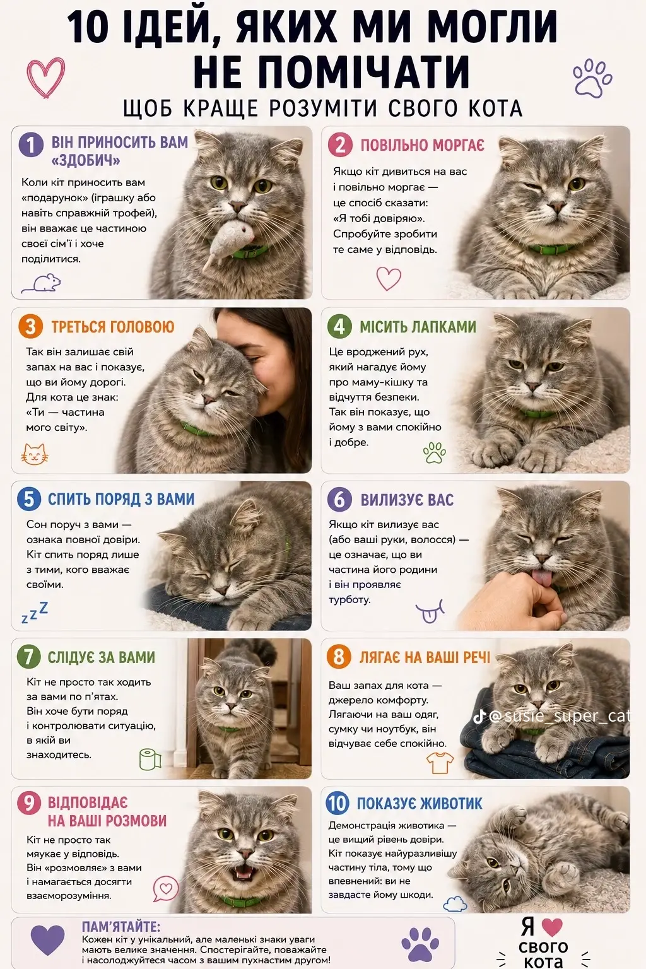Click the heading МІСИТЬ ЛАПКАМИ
(418, 327)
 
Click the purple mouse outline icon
(42, 283)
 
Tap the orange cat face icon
(35, 454)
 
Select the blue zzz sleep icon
(35, 612)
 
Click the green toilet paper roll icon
(150, 759)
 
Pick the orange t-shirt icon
(440, 762)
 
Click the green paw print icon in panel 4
(435, 452)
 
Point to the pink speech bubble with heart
(166, 888)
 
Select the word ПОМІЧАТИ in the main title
(332, 71)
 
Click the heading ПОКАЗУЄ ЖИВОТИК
(420, 803)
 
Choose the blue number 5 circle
(29, 498)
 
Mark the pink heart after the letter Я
(551, 927)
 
